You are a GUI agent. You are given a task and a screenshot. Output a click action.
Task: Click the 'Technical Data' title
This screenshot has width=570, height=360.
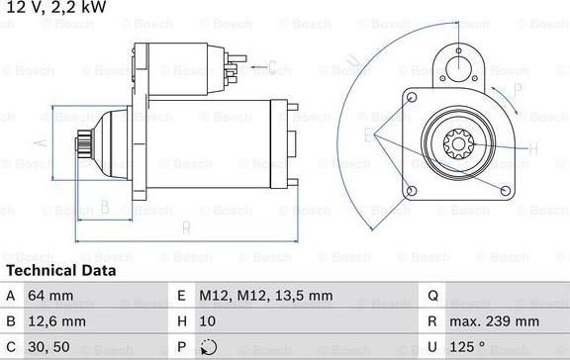(x=61, y=270)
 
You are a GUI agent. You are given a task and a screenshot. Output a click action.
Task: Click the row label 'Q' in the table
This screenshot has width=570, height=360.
(x=432, y=294)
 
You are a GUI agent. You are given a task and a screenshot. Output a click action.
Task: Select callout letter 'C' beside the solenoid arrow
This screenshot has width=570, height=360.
(x=271, y=67)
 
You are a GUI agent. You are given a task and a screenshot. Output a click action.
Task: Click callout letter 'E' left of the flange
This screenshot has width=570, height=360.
(x=368, y=135)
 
